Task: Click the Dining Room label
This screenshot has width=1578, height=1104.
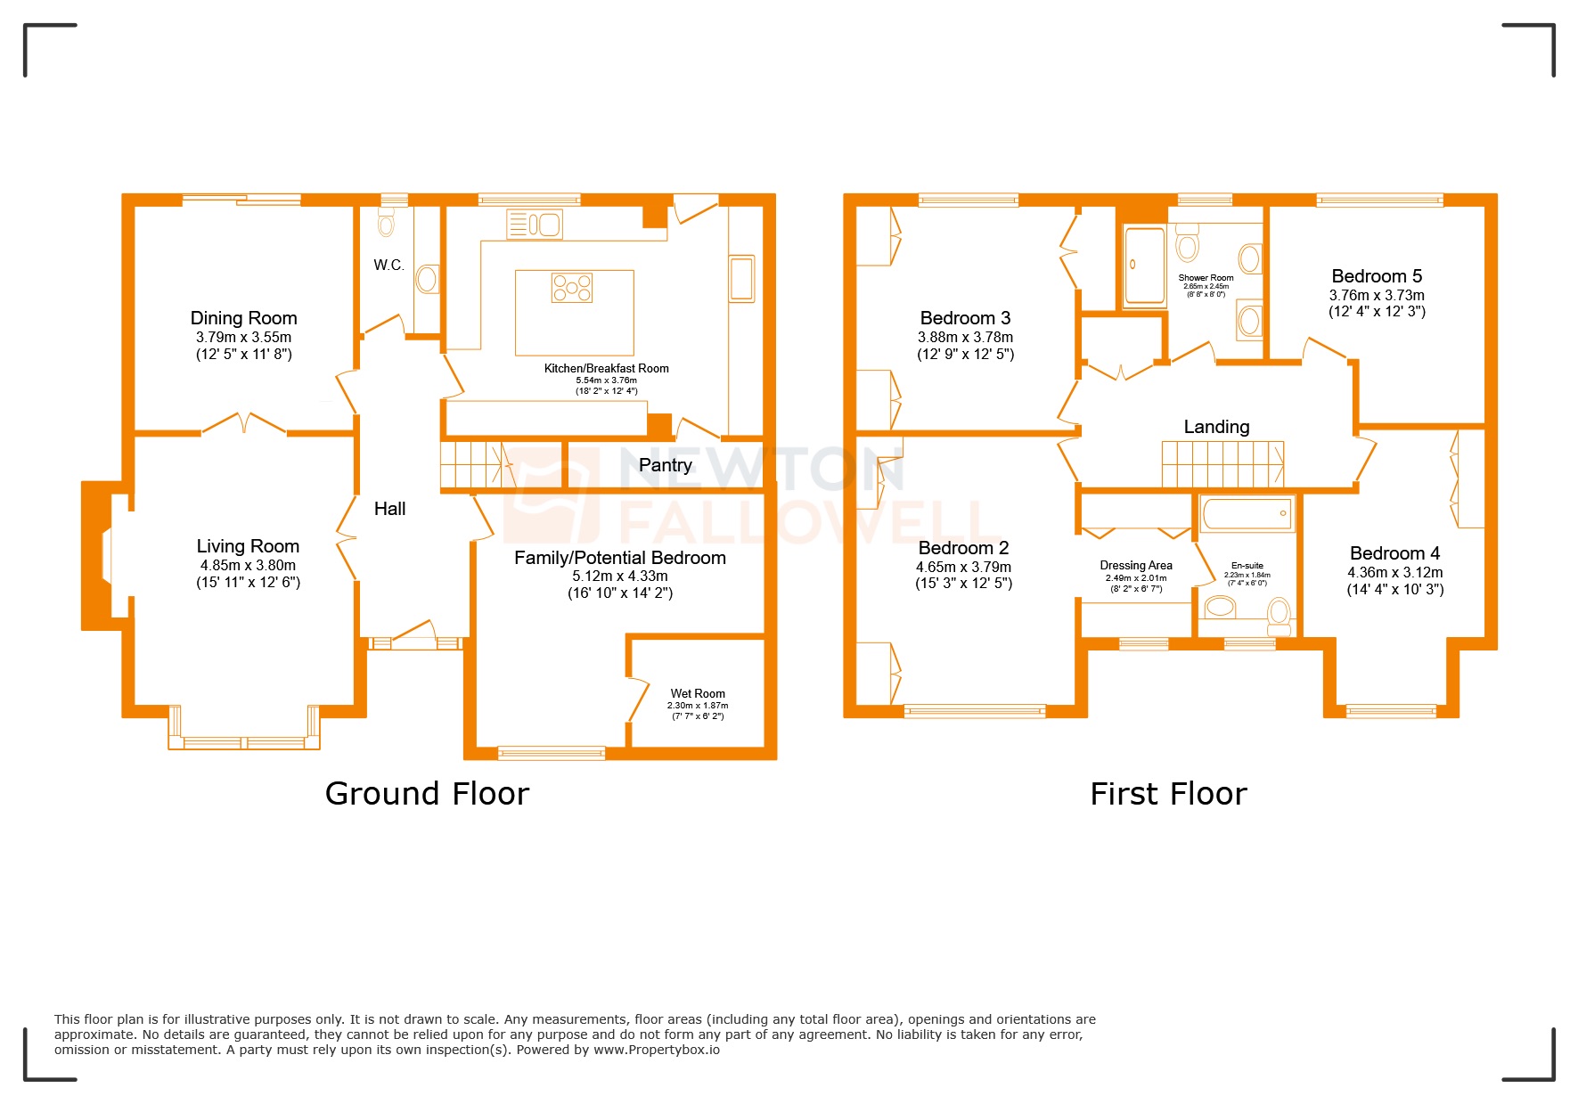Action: tap(243, 318)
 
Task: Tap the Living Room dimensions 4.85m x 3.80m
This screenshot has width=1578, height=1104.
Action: tap(248, 565)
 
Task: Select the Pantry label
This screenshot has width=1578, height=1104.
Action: tap(665, 465)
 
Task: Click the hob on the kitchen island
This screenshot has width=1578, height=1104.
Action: tap(571, 287)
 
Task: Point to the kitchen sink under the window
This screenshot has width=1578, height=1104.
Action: tap(534, 225)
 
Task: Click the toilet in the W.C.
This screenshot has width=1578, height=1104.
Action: tap(386, 223)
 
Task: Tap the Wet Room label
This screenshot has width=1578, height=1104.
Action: tap(698, 693)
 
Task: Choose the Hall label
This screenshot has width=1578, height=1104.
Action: tap(389, 509)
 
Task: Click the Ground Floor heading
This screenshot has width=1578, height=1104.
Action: tap(427, 793)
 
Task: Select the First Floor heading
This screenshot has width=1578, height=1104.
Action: tap(1168, 793)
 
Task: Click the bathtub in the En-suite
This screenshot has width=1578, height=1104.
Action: tap(1247, 514)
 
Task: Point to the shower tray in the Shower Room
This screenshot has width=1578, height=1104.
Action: tap(1144, 265)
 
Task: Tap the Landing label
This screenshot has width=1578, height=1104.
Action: tap(1216, 427)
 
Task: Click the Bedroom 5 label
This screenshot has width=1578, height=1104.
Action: tap(1377, 276)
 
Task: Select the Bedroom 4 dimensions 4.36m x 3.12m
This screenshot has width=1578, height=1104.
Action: tap(1395, 572)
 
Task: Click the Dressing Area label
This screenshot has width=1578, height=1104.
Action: tap(1136, 565)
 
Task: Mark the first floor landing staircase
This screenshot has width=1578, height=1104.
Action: tap(1222, 464)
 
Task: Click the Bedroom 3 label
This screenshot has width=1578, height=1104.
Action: tap(965, 318)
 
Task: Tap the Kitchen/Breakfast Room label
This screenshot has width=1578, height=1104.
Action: tap(606, 368)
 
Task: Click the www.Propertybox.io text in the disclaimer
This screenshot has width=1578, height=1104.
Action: tap(657, 1050)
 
